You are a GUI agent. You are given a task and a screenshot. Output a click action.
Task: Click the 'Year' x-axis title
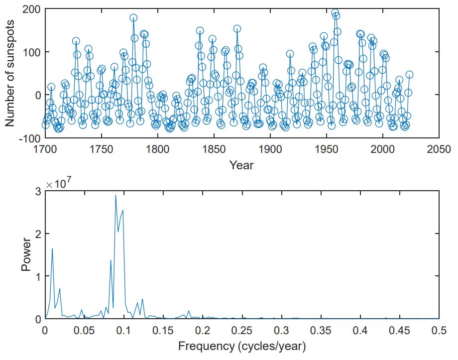point(241,165)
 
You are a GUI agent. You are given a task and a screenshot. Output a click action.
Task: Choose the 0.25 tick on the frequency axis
point(242,331)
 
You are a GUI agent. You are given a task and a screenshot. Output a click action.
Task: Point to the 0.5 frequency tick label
point(439,331)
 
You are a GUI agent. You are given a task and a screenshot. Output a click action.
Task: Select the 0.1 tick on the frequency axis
point(123,331)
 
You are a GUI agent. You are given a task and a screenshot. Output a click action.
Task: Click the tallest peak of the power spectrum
point(115,195)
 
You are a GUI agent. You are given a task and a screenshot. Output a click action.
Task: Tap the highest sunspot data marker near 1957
point(335,12)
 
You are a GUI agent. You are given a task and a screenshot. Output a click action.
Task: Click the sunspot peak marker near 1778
point(133,18)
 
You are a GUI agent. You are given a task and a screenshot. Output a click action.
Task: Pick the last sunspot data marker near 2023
point(409,75)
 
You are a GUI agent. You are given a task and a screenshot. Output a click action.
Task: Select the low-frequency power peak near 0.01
point(52,249)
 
